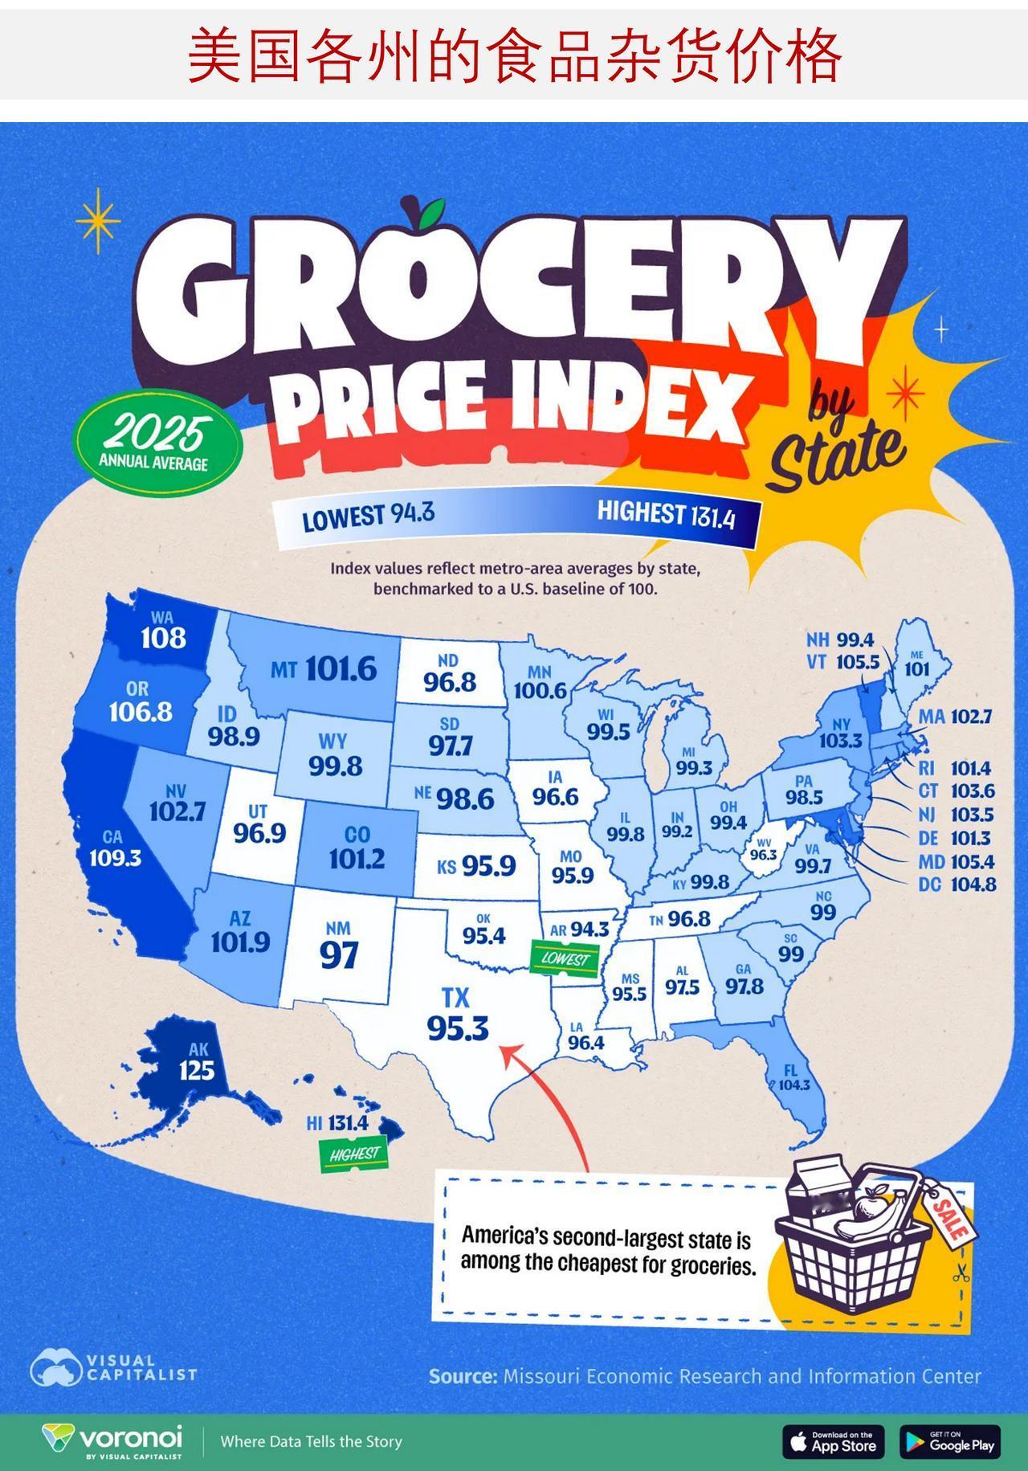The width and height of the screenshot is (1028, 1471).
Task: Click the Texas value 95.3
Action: (458, 1028)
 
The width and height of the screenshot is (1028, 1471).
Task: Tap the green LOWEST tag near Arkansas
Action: (565, 958)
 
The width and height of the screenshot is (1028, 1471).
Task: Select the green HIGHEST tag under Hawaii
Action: (354, 1154)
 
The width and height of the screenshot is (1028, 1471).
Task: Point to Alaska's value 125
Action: (197, 1070)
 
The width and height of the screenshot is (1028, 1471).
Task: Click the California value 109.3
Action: (115, 858)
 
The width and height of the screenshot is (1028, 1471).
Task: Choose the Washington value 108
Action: (163, 638)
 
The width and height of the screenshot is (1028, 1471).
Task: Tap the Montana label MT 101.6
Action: (324, 668)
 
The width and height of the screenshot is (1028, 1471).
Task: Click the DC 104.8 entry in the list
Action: (957, 885)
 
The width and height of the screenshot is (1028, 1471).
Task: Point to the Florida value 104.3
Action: (794, 1085)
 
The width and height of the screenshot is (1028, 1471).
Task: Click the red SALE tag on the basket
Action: (950, 1216)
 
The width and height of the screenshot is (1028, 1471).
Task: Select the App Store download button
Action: (833, 1441)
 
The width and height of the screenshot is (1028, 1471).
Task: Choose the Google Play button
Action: (950, 1441)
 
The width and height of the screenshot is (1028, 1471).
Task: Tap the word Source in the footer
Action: (463, 1376)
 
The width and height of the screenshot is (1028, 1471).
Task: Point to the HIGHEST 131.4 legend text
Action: (666, 513)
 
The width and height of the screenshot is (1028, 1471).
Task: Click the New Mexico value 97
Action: (339, 955)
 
